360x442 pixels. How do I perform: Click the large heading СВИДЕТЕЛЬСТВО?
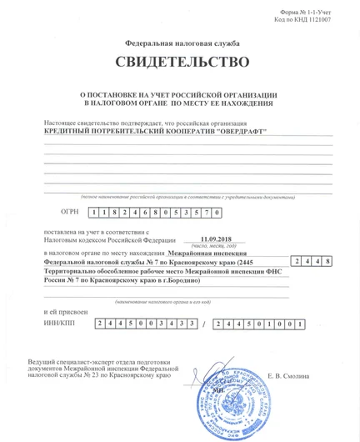pyautogui.click(x=182, y=63)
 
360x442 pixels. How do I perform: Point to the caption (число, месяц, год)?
pyautogui.click(x=207, y=247)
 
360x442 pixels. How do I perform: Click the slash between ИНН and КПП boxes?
pyautogui.click(x=207, y=324)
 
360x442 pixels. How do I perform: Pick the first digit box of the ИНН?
pyautogui.click(x=100, y=323)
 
